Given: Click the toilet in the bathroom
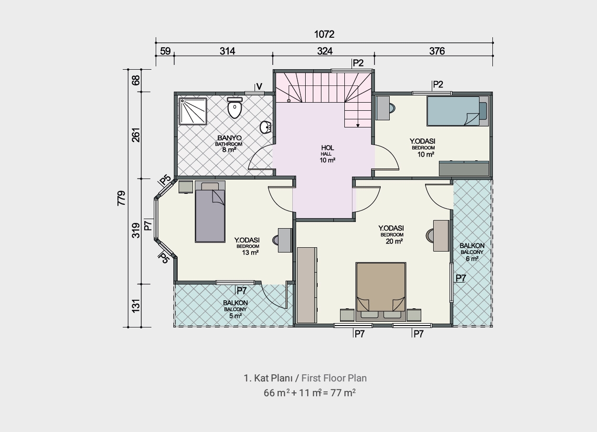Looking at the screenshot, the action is click(x=235, y=107).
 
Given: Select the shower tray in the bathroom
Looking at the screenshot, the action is click(x=193, y=111).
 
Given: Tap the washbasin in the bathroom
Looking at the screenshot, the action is click(x=266, y=127).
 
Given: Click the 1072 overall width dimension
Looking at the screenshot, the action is click(x=324, y=34).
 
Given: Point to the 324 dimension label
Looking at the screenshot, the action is click(x=325, y=51).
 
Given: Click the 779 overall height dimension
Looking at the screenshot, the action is click(x=121, y=198).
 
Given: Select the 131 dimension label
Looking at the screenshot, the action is click(x=136, y=306).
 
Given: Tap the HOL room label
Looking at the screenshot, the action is click(x=328, y=148).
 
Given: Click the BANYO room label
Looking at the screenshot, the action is click(x=229, y=138).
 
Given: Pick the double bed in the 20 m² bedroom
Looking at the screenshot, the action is click(x=381, y=292).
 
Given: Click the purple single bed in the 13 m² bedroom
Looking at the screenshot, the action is click(x=210, y=212).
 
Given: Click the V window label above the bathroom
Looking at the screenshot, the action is click(x=259, y=86).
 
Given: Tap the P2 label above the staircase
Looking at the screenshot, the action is click(x=358, y=63).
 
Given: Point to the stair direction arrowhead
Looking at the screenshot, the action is click(x=358, y=126).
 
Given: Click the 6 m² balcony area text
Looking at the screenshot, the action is click(x=472, y=258).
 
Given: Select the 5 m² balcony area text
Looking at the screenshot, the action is click(x=235, y=316).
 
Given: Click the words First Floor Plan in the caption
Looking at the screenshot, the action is click(x=334, y=378).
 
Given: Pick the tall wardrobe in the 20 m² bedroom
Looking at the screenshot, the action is click(x=307, y=285).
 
